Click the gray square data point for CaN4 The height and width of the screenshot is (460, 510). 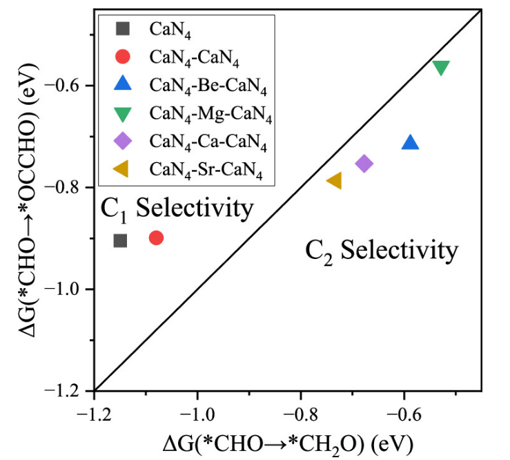(120, 240)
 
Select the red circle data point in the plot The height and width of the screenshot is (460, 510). (156, 238)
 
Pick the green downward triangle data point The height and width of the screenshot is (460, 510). (441, 67)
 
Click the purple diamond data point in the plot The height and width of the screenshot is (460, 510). (364, 163)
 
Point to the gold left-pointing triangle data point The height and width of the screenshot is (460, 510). (334, 181)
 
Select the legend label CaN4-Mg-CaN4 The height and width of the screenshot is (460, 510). (210, 115)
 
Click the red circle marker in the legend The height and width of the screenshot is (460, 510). (123, 57)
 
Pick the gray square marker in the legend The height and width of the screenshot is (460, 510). (123, 28)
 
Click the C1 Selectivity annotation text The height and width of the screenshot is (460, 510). (177, 209)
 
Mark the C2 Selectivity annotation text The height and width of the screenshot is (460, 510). (381, 250)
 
